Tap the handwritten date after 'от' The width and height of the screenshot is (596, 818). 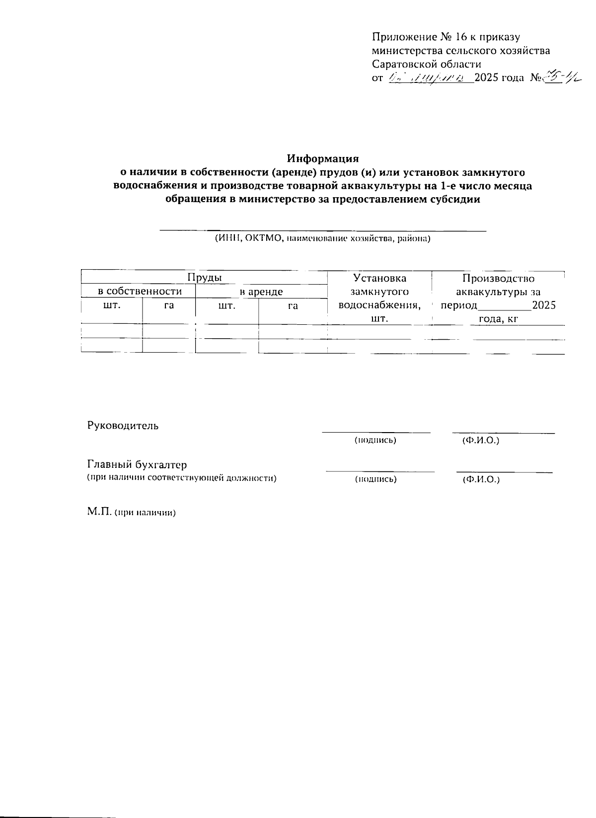click(430, 78)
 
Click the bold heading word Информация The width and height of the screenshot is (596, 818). click(323, 159)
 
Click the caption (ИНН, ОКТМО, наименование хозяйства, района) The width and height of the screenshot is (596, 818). click(322, 238)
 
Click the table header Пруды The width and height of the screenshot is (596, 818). click(204, 278)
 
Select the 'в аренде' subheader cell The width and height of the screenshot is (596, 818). click(261, 292)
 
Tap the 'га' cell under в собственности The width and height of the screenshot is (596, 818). click(169, 305)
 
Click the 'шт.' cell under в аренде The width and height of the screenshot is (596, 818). click(227, 305)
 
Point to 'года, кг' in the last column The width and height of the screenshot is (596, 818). click(498, 319)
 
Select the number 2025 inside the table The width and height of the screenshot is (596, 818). click(543, 305)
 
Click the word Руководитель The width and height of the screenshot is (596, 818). click(123, 426)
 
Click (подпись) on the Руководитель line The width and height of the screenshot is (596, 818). click(375, 440)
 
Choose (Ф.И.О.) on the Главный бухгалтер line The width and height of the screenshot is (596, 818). click(481, 479)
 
